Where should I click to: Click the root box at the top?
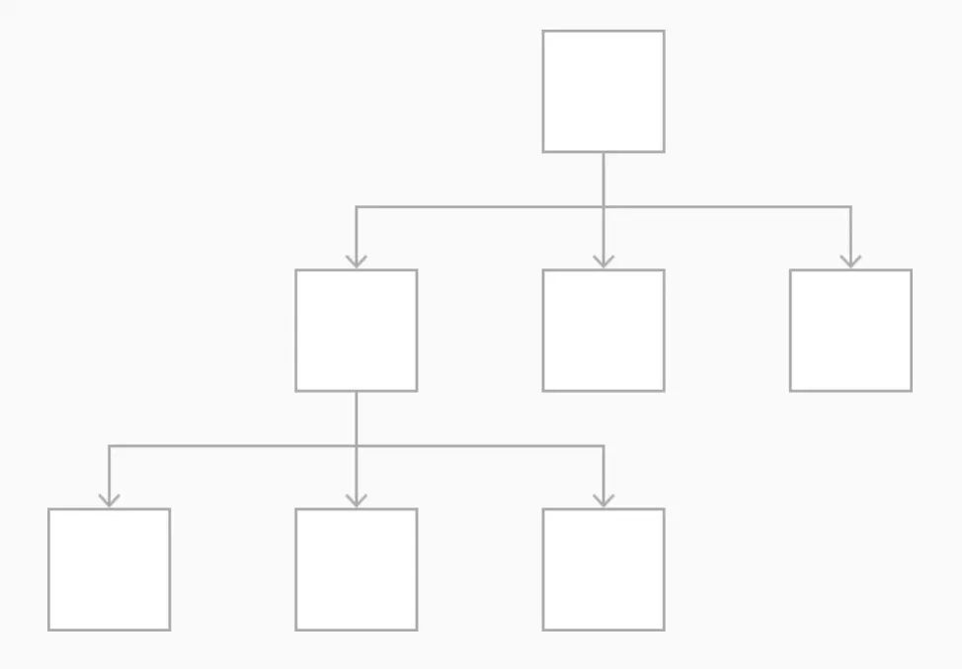tap(603, 92)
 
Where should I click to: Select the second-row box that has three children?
tap(357, 331)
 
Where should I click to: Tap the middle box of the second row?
tap(603, 331)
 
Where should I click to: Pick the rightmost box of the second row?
tap(850, 331)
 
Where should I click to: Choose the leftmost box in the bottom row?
tap(110, 569)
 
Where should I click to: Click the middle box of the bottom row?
tap(357, 569)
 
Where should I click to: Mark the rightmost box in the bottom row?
tap(603, 569)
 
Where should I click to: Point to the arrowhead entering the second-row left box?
tap(357, 261)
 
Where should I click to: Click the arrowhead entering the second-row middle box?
tap(603, 261)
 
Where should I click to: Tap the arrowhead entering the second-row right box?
tap(850, 261)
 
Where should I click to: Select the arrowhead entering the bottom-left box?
tap(110, 500)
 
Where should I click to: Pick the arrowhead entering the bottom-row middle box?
tap(357, 500)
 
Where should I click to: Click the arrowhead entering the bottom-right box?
tap(603, 500)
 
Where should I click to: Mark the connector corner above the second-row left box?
tap(357, 207)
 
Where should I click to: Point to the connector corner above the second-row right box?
tap(850, 207)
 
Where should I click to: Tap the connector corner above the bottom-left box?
tap(110, 446)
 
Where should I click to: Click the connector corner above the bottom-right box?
tap(603, 446)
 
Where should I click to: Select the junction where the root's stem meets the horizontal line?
tap(603, 207)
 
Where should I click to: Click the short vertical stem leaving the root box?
tap(603, 179)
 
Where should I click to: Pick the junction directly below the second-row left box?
tap(357, 446)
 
